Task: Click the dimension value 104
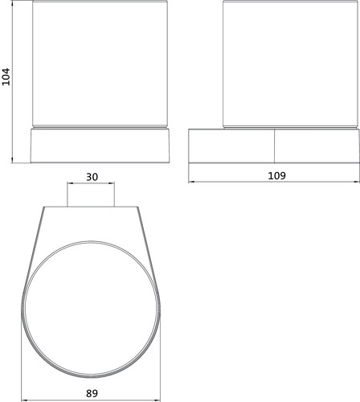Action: (6, 76)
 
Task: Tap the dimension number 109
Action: (277, 176)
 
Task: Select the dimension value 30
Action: (92, 177)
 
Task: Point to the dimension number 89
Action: (92, 393)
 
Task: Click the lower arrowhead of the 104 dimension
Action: (12, 160)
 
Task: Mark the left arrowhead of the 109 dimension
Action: (191, 182)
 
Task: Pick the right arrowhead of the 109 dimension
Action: (357, 182)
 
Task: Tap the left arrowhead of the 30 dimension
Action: (70, 183)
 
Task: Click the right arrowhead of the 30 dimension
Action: (112, 183)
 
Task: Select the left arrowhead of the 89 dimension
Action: (24, 400)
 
